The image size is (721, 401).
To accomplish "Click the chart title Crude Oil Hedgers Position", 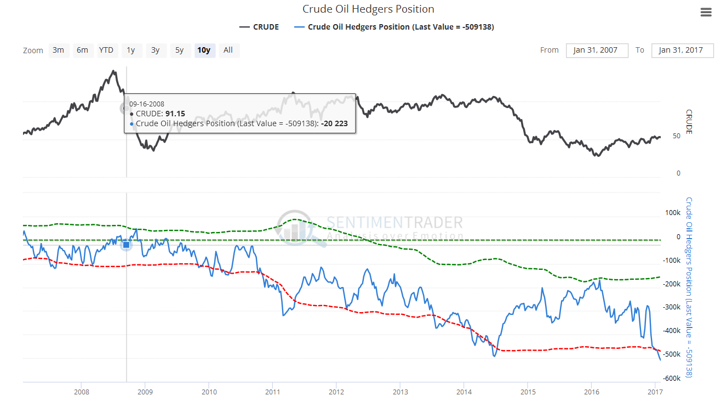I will (368, 9).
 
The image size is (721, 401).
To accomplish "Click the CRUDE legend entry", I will (259, 27).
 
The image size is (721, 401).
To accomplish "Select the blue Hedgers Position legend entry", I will (394, 27).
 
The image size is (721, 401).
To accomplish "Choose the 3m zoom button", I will (58, 50).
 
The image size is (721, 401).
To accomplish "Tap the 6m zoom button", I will (82, 50).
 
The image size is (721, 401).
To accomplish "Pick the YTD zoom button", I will (106, 50).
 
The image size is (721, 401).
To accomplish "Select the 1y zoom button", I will (131, 50).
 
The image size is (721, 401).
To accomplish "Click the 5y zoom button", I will (180, 50).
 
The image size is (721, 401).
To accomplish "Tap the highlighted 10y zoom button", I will (204, 50).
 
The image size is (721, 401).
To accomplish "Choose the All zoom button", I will (228, 50).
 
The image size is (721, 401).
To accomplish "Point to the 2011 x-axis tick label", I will (273, 392).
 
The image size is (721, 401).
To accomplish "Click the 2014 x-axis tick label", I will (464, 392).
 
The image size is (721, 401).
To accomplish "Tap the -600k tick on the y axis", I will (671, 378).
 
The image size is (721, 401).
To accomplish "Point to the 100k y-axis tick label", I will (672, 212).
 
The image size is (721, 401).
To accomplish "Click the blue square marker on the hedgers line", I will (126, 245).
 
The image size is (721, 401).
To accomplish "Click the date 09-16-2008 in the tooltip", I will (147, 104).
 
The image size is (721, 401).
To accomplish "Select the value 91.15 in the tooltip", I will (175, 114).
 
